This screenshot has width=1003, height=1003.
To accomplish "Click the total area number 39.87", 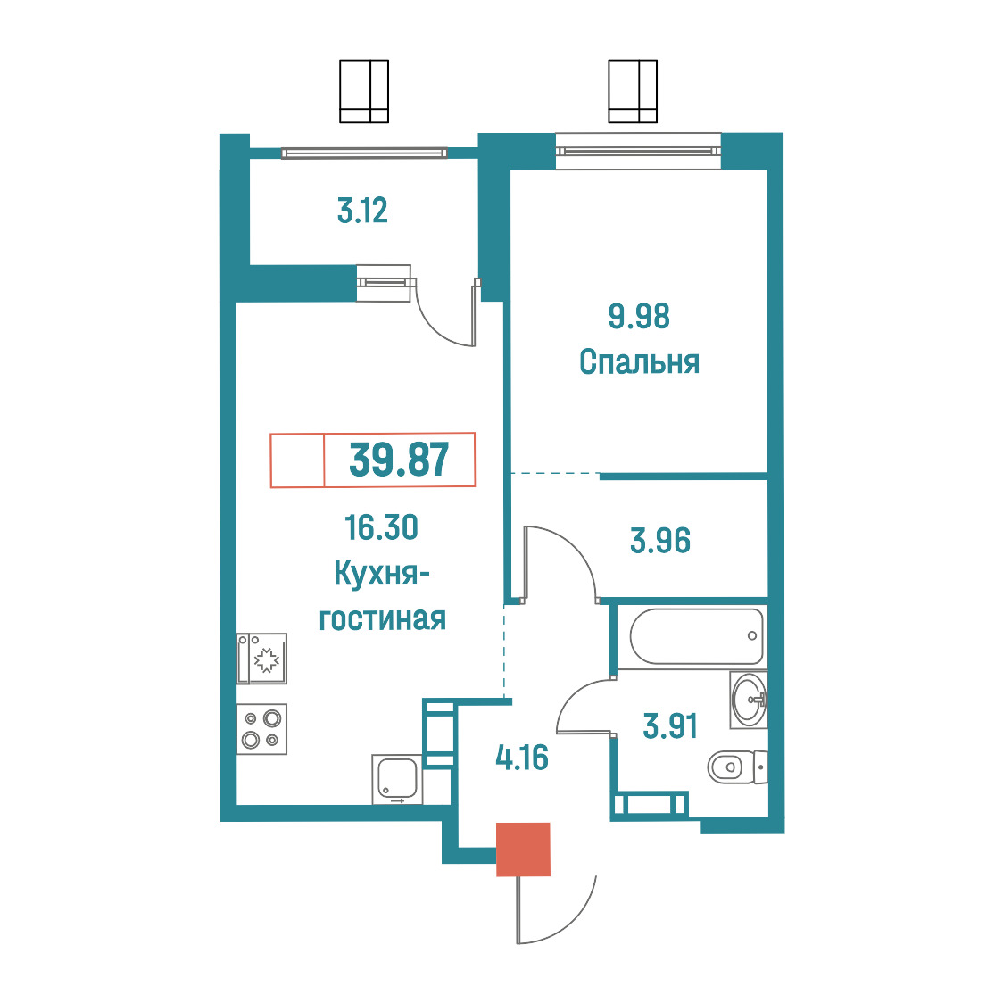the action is click(399, 460).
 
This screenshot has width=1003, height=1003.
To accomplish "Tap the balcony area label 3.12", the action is click(362, 211).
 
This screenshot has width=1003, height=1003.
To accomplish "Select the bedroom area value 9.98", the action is click(639, 316).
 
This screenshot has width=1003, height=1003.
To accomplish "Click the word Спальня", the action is click(639, 361).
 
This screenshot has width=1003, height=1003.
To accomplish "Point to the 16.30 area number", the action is click(381, 527).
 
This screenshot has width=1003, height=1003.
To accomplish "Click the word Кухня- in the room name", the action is click(381, 573).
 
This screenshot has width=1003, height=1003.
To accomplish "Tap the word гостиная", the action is click(383, 618).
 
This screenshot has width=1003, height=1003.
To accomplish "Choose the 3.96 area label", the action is click(660, 541).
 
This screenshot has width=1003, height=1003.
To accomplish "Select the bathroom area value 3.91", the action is click(670, 726).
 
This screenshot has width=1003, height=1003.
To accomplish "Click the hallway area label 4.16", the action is click(522, 758).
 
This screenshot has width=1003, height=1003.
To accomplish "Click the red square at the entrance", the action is click(523, 849).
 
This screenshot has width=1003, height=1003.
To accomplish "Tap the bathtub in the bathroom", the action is click(697, 636).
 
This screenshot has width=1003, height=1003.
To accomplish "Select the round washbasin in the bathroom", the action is click(749, 700).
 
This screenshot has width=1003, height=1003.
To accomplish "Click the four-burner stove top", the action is click(261, 728).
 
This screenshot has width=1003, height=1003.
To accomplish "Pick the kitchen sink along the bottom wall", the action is click(396, 779).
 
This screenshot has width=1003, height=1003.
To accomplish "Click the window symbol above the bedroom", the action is click(633, 91).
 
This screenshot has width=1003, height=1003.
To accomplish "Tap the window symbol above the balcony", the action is click(364, 91).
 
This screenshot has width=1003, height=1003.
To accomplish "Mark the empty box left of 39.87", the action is click(297, 460).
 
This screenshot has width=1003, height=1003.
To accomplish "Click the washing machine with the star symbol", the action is click(261, 659).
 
